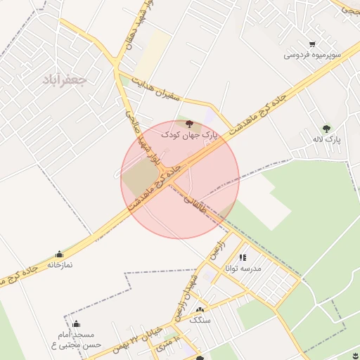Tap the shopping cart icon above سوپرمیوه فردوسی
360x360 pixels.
(312, 44)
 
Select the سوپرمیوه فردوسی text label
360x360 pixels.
(313, 54)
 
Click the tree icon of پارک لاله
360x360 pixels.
(326, 128)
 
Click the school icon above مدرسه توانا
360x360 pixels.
(243, 258)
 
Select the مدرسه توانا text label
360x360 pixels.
(243, 269)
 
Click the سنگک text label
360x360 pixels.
(200, 320)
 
